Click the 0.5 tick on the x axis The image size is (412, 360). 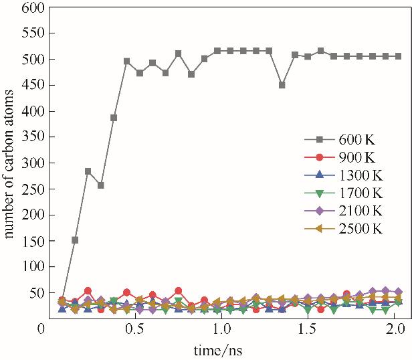pyautogui.click(x=136, y=329)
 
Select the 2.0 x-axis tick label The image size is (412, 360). pyautogui.click(x=395, y=329)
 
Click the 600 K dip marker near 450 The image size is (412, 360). pyautogui.click(x=282, y=85)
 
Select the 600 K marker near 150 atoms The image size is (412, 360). pyautogui.click(x=75, y=240)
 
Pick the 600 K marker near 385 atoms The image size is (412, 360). pyautogui.click(x=114, y=118)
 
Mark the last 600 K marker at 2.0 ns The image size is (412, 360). pyautogui.click(x=398, y=56)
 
